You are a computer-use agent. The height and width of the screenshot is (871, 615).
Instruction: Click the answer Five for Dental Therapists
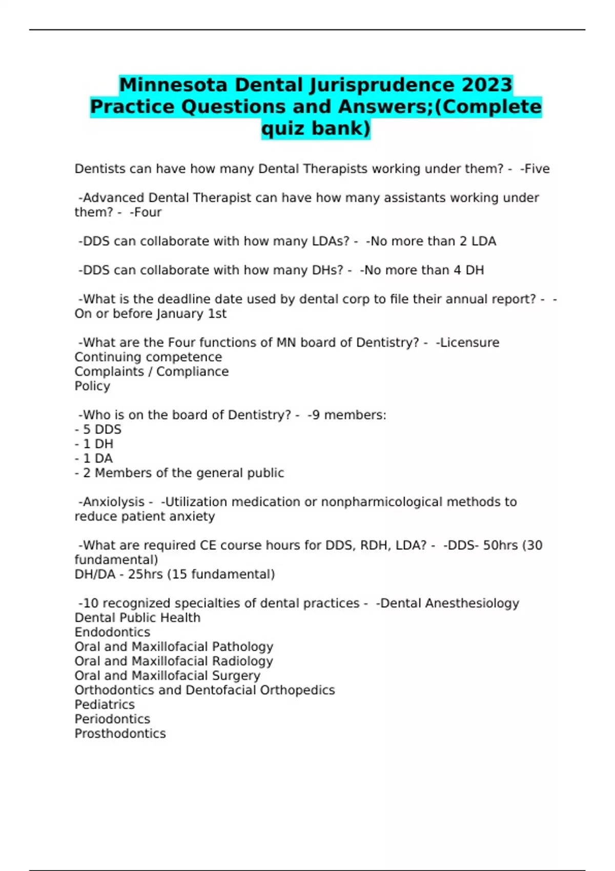tap(536, 169)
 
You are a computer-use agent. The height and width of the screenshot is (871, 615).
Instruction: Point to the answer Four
tap(147, 212)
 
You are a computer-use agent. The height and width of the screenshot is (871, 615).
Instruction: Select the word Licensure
tap(470, 342)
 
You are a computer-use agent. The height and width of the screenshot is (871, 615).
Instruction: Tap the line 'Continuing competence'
tap(148, 357)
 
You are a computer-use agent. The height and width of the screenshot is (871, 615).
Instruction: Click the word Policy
tap(92, 386)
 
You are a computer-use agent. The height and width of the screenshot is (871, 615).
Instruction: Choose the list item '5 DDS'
tap(101, 429)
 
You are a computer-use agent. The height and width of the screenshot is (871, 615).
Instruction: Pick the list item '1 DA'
tap(97, 459)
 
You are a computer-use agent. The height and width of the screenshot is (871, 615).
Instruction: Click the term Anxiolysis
tap(113, 502)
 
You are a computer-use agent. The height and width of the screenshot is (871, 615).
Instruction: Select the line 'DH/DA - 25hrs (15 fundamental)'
tap(175, 574)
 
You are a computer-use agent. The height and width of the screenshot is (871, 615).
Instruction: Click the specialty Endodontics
tap(112, 632)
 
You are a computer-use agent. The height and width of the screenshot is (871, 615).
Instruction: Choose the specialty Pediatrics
tap(105, 704)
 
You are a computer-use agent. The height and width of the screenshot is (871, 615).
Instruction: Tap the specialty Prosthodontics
tap(120, 734)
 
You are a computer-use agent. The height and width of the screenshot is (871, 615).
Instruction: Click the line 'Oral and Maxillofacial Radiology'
tap(174, 661)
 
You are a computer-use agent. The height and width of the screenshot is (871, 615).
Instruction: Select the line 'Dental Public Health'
tap(137, 618)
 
